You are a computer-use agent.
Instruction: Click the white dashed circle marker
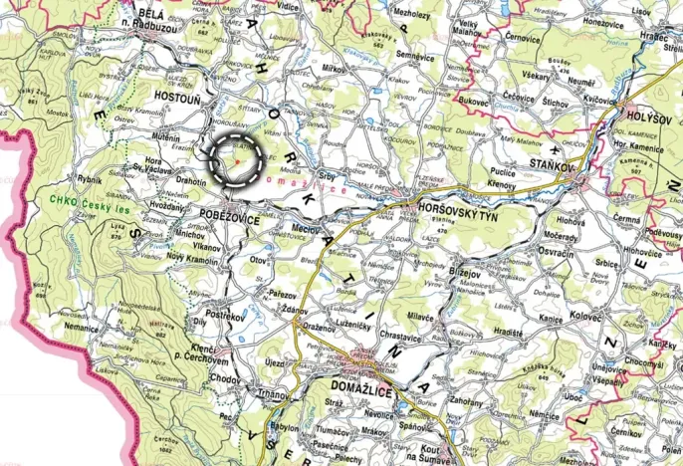tap(235, 157)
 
